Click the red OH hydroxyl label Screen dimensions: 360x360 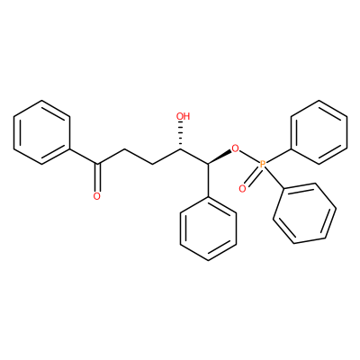(x=183, y=116)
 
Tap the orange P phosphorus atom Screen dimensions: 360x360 (x=263, y=164)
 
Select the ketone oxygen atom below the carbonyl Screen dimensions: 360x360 (x=96, y=196)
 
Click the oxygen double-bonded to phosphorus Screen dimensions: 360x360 (x=242, y=189)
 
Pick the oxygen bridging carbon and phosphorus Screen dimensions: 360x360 (x=236, y=148)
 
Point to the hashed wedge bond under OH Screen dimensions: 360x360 (x=181, y=135)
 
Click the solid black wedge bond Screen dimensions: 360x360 (x=220, y=157)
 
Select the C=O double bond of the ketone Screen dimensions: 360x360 (x=96, y=177)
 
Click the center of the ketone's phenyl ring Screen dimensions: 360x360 (x=42, y=132)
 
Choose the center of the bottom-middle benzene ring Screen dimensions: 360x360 (x=208, y=229)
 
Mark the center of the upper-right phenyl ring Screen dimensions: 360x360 (x=319, y=132)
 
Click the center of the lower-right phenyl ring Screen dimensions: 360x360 (x=304, y=213)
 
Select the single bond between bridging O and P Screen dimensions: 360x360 (x=249, y=156)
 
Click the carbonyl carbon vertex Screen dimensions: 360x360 (x=96, y=164)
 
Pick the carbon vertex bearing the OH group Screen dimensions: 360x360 (x=181, y=148)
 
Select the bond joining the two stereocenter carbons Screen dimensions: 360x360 (x=194, y=157)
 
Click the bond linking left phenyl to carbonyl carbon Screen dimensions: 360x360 (x=84, y=156)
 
